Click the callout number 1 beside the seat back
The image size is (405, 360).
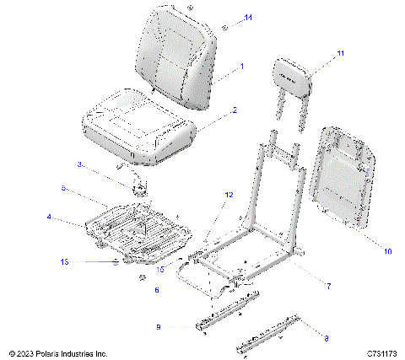coord(241,66)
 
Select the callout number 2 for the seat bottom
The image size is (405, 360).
coord(235,110)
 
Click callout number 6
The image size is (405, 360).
coord(157,289)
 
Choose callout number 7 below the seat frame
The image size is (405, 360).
coord(327,286)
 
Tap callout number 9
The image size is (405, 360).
coord(158,326)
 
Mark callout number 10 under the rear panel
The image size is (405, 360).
coord(387,250)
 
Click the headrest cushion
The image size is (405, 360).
coord(294,74)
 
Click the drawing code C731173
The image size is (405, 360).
coord(382,352)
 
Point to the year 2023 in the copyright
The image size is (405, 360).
coord(27,352)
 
